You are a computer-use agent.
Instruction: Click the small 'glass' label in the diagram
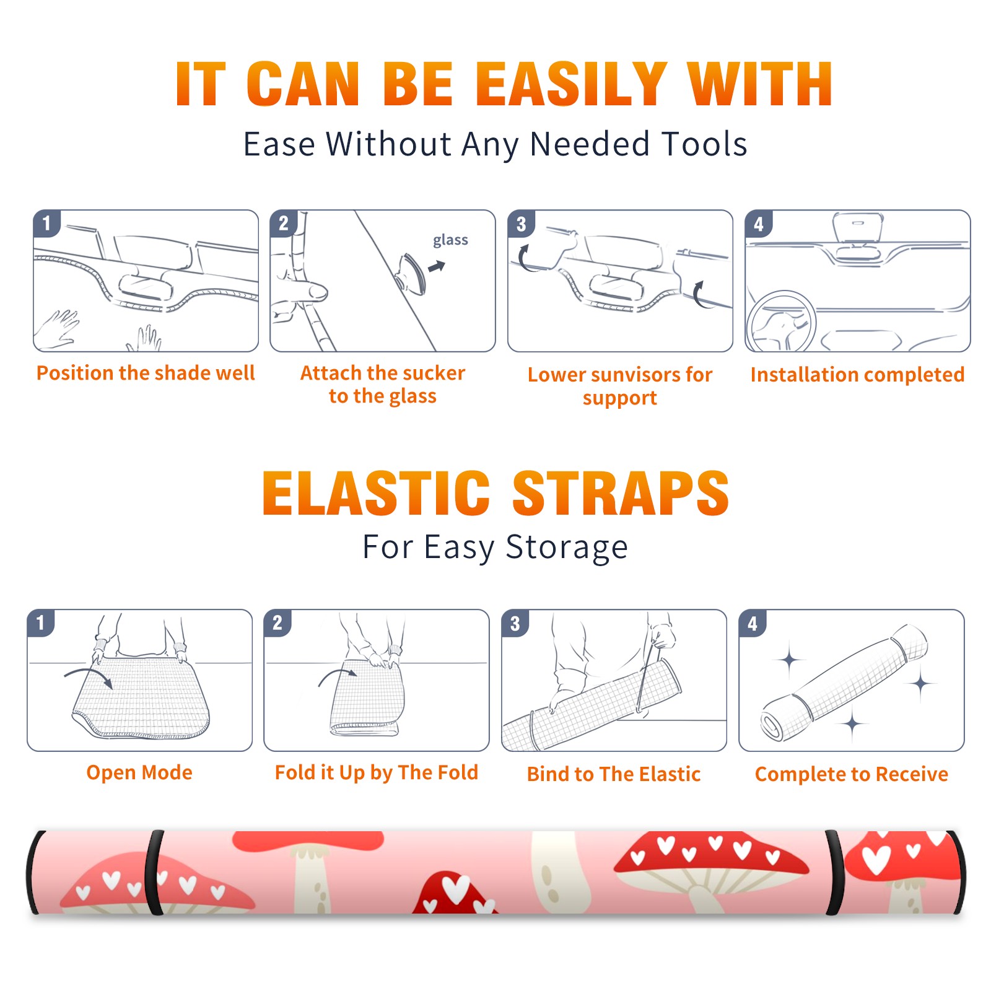(450, 240)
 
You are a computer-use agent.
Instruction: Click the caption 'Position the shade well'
(146, 373)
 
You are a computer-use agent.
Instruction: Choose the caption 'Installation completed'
(857, 374)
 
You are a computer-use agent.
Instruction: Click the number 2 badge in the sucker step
(284, 224)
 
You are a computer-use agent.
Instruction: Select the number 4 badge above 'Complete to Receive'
(753, 623)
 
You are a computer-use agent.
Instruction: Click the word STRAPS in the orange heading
(621, 493)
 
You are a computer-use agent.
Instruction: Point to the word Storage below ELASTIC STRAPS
(567, 548)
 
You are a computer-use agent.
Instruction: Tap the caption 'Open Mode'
(139, 772)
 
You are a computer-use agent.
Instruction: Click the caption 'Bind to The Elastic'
(614, 774)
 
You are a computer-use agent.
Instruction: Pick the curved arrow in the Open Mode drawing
(88, 676)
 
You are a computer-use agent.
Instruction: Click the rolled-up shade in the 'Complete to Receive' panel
(844, 683)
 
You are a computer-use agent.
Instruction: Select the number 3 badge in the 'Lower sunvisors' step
(521, 224)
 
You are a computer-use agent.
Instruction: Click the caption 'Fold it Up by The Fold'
(377, 772)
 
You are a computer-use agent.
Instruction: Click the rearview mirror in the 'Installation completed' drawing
(858, 228)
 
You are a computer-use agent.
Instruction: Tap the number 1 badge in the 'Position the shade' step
(46, 223)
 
